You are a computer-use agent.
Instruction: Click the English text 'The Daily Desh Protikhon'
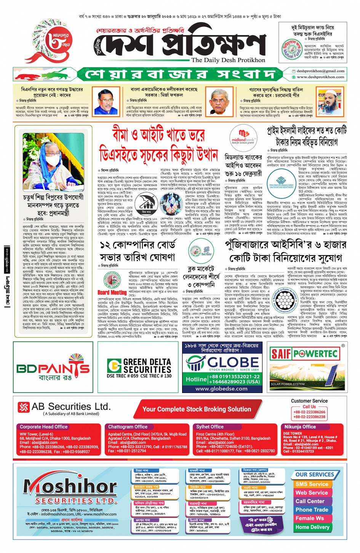click(228, 60)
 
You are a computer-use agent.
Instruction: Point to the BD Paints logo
click(53, 367)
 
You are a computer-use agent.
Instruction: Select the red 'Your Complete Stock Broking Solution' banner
click(197, 409)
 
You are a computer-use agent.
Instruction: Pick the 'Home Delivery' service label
click(312, 527)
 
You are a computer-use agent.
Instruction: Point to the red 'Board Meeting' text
click(112, 292)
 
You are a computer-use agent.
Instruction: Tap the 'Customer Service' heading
click(309, 401)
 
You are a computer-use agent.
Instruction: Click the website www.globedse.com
click(221, 389)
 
